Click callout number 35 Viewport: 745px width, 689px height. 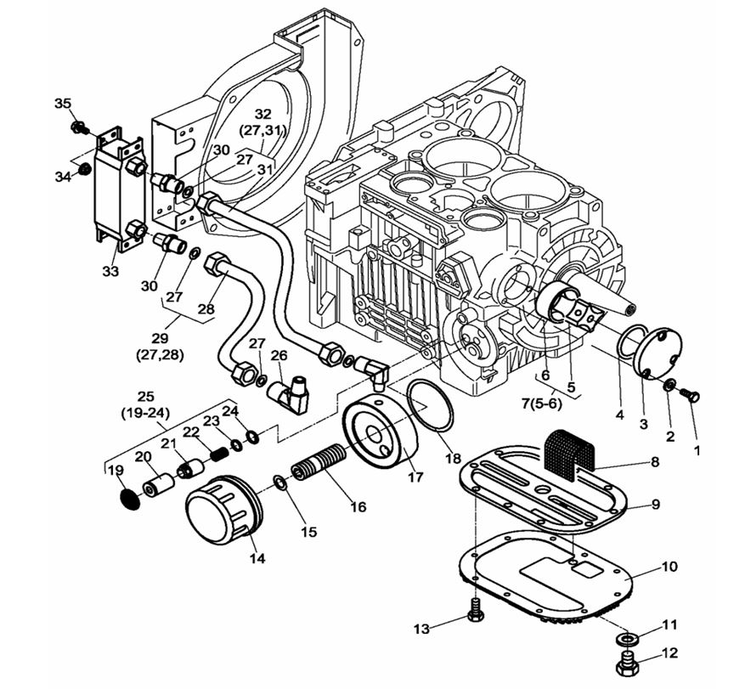coord(63,104)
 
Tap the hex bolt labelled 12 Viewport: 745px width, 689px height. coord(626,664)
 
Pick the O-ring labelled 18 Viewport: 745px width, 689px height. coord(432,406)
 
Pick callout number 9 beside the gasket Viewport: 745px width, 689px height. coord(655,504)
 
